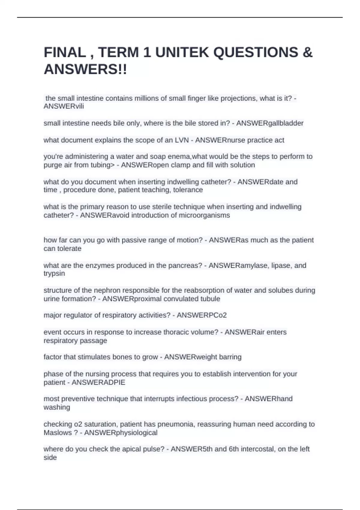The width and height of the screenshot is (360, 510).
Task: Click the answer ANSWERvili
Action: pyautogui.click(x=64, y=106)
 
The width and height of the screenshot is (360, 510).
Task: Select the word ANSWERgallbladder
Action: pyautogui.click(x=270, y=123)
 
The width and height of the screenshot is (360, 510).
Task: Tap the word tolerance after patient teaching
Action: pyautogui.click(x=188, y=190)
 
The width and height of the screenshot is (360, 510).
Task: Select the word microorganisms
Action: pyautogui.click(x=204, y=215)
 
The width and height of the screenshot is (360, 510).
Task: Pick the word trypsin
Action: pyautogui.click(x=54, y=274)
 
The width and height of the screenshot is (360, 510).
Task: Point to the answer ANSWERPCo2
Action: pyautogui.click(x=202, y=315)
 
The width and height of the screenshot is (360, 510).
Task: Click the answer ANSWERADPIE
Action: pyautogui.click(x=98, y=382)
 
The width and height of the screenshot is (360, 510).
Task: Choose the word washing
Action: pyautogui.click(x=57, y=407)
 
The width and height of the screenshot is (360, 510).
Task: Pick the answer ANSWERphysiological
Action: pyautogui.click(x=121, y=433)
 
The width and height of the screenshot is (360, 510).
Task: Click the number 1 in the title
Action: pyautogui.click(x=147, y=52)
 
